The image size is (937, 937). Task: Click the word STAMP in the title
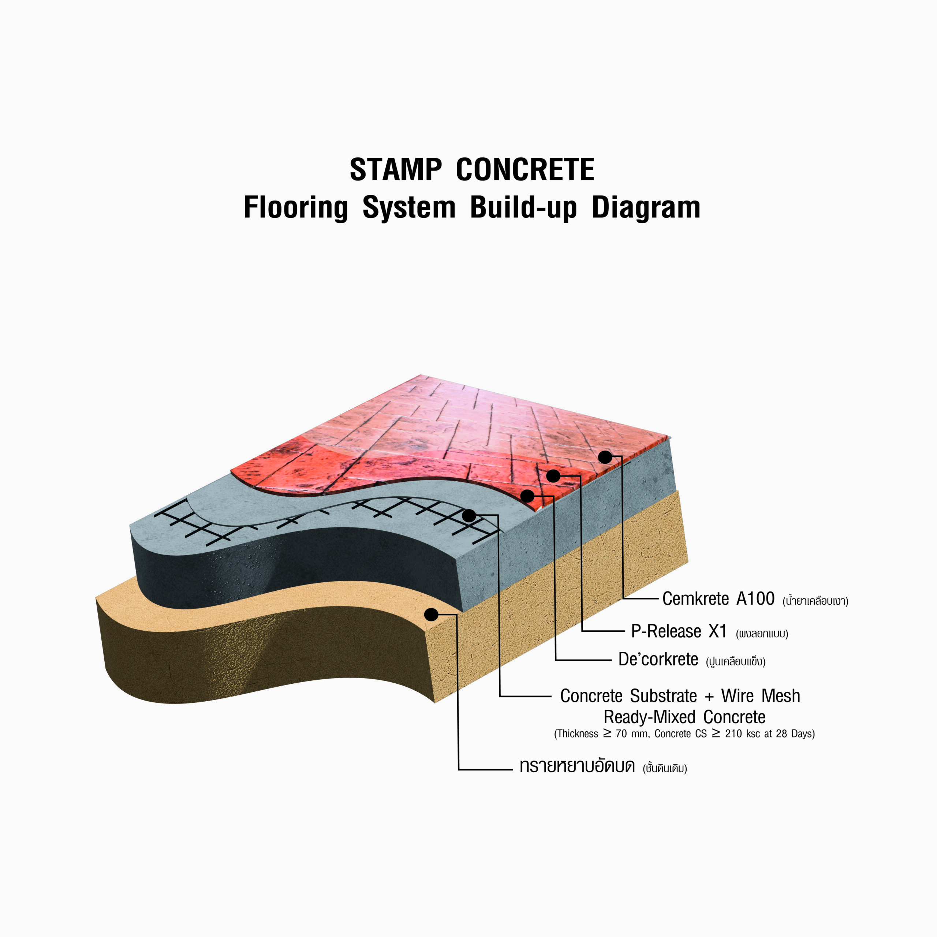click(396, 170)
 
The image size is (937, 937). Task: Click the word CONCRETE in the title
click(525, 170)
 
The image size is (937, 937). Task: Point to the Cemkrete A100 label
click(718, 598)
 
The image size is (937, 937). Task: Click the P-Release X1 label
click(679, 631)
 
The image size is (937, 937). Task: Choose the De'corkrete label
click(658, 659)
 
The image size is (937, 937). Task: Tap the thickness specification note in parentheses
click(684, 734)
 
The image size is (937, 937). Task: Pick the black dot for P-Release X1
click(553, 476)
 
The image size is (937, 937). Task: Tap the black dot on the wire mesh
click(469, 516)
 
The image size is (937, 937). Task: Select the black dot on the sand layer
click(431, 615)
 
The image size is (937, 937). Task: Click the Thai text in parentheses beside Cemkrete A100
click(815, 601)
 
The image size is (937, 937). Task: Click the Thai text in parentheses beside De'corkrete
click(736, 661)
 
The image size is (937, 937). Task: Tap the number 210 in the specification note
click(733, 734)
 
